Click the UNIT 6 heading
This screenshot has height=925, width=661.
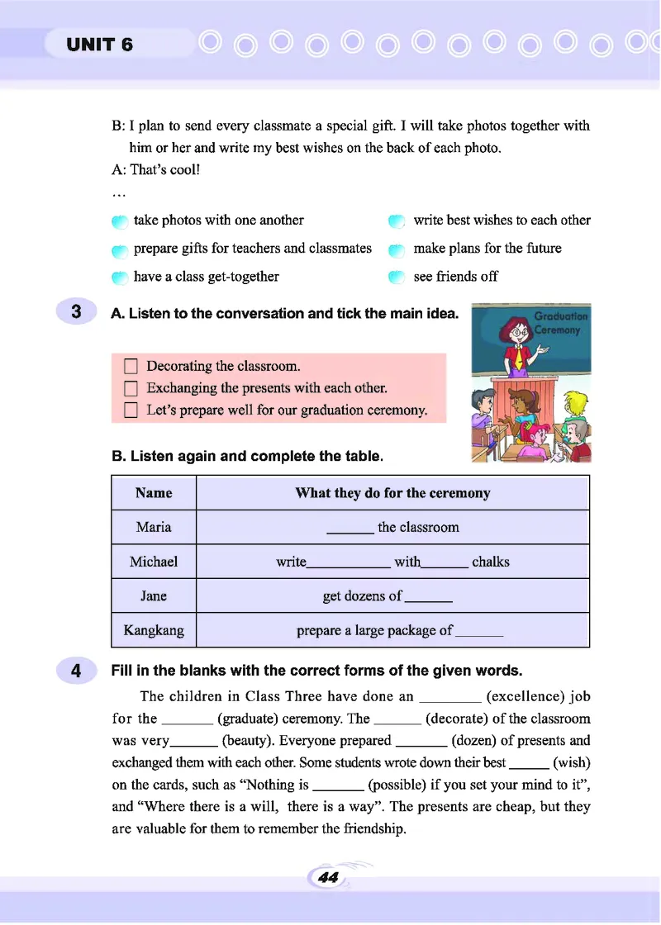point(99,45)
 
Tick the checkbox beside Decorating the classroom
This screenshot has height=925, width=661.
point(130,366)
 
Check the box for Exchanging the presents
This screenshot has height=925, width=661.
point(130,388)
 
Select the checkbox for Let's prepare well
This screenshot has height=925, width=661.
point(130,410)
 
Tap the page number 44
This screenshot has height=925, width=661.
point(328,878)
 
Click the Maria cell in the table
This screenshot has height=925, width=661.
point(154,527)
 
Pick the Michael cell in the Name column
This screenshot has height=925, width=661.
point(154,562)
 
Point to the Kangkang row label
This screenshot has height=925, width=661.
point(154,630)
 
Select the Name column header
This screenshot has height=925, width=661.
point(154,493)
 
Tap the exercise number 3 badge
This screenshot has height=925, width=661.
point(76,312)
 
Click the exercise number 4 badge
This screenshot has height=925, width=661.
point(76,671)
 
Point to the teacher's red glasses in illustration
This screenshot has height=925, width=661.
point(518,332)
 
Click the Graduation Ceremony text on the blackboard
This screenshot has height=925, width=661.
point(561,322)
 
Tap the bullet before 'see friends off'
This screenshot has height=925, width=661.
point(397,277)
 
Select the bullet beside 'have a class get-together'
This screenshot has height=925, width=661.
point(120,277)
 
